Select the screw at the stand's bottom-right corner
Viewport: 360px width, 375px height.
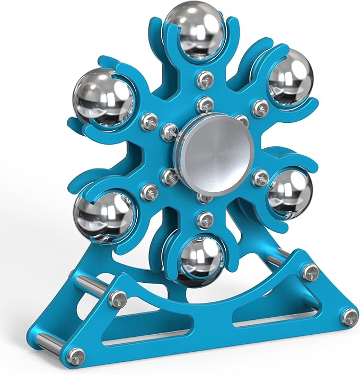pos(349,316)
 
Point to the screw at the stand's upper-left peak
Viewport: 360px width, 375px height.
pos(118,298)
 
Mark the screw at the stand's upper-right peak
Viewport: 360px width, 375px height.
pos(310,271)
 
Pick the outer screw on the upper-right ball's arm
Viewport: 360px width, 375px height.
pos(259,108)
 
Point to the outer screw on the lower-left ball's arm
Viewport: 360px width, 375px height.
pos(152,187)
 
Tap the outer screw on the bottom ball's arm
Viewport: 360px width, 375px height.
pos(204,218)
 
